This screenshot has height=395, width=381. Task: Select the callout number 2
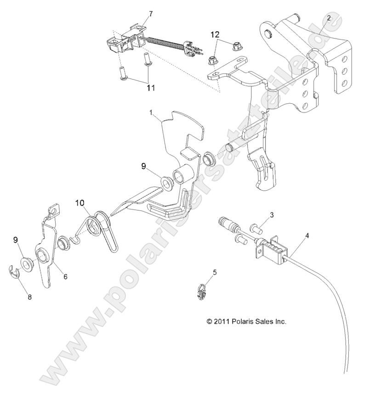click(328, 18)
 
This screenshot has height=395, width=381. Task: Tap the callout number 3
click(272, 214)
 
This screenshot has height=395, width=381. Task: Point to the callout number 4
click(307, 236)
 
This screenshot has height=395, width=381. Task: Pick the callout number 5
click(214, 272)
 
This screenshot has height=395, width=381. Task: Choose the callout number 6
click(65, 276)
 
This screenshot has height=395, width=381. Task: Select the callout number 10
click(80, 202)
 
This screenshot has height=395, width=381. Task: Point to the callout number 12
click(215, 34)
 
